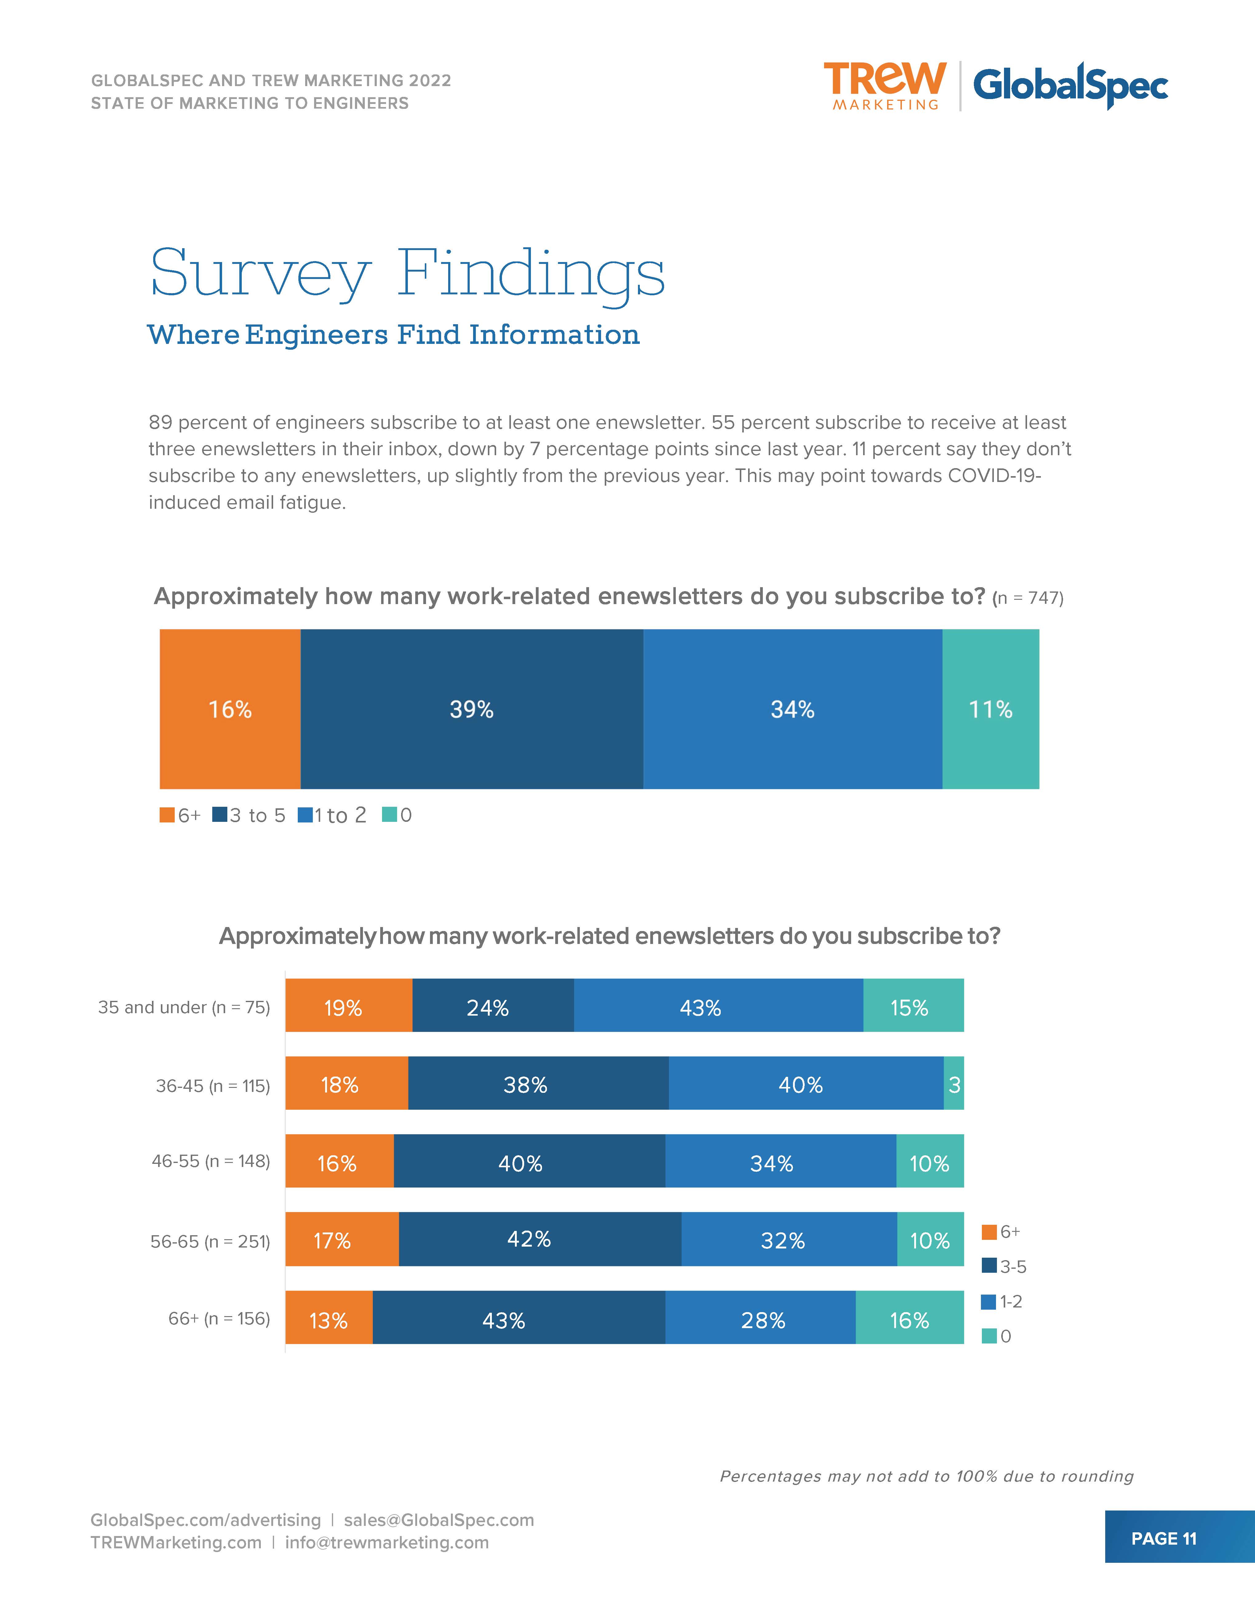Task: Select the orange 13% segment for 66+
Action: tap(329, 1320)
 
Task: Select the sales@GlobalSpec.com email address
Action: tap(439, 1520)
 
